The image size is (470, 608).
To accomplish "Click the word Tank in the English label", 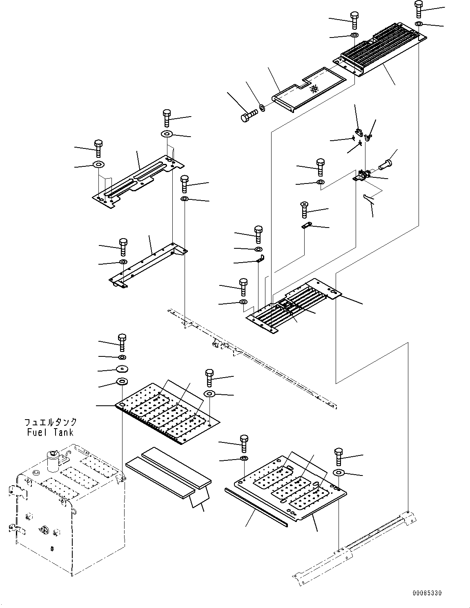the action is pos(64,433).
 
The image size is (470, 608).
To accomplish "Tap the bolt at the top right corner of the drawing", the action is pos(419,9).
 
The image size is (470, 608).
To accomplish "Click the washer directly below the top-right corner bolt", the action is pos(419,23).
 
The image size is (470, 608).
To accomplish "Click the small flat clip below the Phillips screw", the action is pos(307,225).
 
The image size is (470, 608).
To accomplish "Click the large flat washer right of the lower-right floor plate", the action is pos(339,473).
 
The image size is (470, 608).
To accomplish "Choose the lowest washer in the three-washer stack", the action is pos(122,381).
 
